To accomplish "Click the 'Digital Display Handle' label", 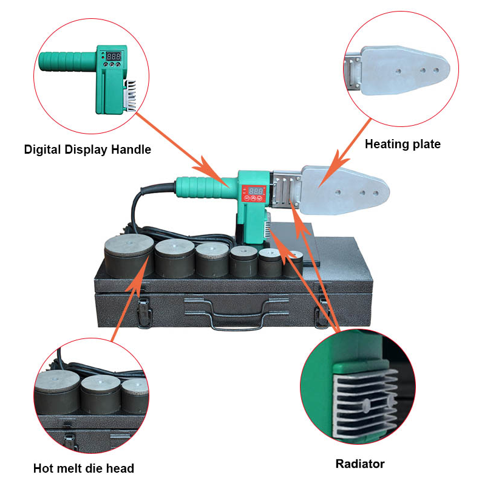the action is point(87,149).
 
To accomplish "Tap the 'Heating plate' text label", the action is point(403,144).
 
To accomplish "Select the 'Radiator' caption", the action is point(360,464).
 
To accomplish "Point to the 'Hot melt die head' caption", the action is point(84,468).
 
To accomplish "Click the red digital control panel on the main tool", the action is point(254,193).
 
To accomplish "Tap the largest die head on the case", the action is point(129,256).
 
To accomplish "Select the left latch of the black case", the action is point(144,312).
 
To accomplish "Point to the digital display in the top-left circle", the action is point(114,57).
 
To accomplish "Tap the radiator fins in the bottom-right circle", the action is point(365,400).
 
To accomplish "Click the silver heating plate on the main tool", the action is point(345,190).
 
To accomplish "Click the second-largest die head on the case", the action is point(175,258).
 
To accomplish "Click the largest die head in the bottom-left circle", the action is point(56,391).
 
